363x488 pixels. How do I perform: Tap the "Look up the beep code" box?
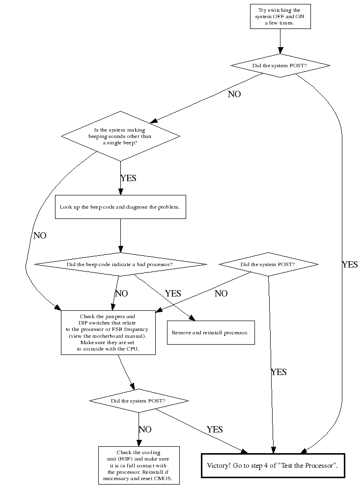[x=120, y=207]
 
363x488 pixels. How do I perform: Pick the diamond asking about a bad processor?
[x=120, y=265]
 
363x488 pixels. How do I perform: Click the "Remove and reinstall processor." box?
[x=210, y=332]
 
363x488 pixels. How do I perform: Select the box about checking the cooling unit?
[x=138, y=465]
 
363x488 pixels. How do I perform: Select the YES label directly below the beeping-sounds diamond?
[x=128, y=178]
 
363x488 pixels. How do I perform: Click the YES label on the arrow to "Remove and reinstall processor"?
[x=173, y=294]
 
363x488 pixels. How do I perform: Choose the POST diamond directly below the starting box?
[x=280, y=66]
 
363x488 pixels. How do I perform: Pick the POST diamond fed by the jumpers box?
[x=139, y=401]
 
